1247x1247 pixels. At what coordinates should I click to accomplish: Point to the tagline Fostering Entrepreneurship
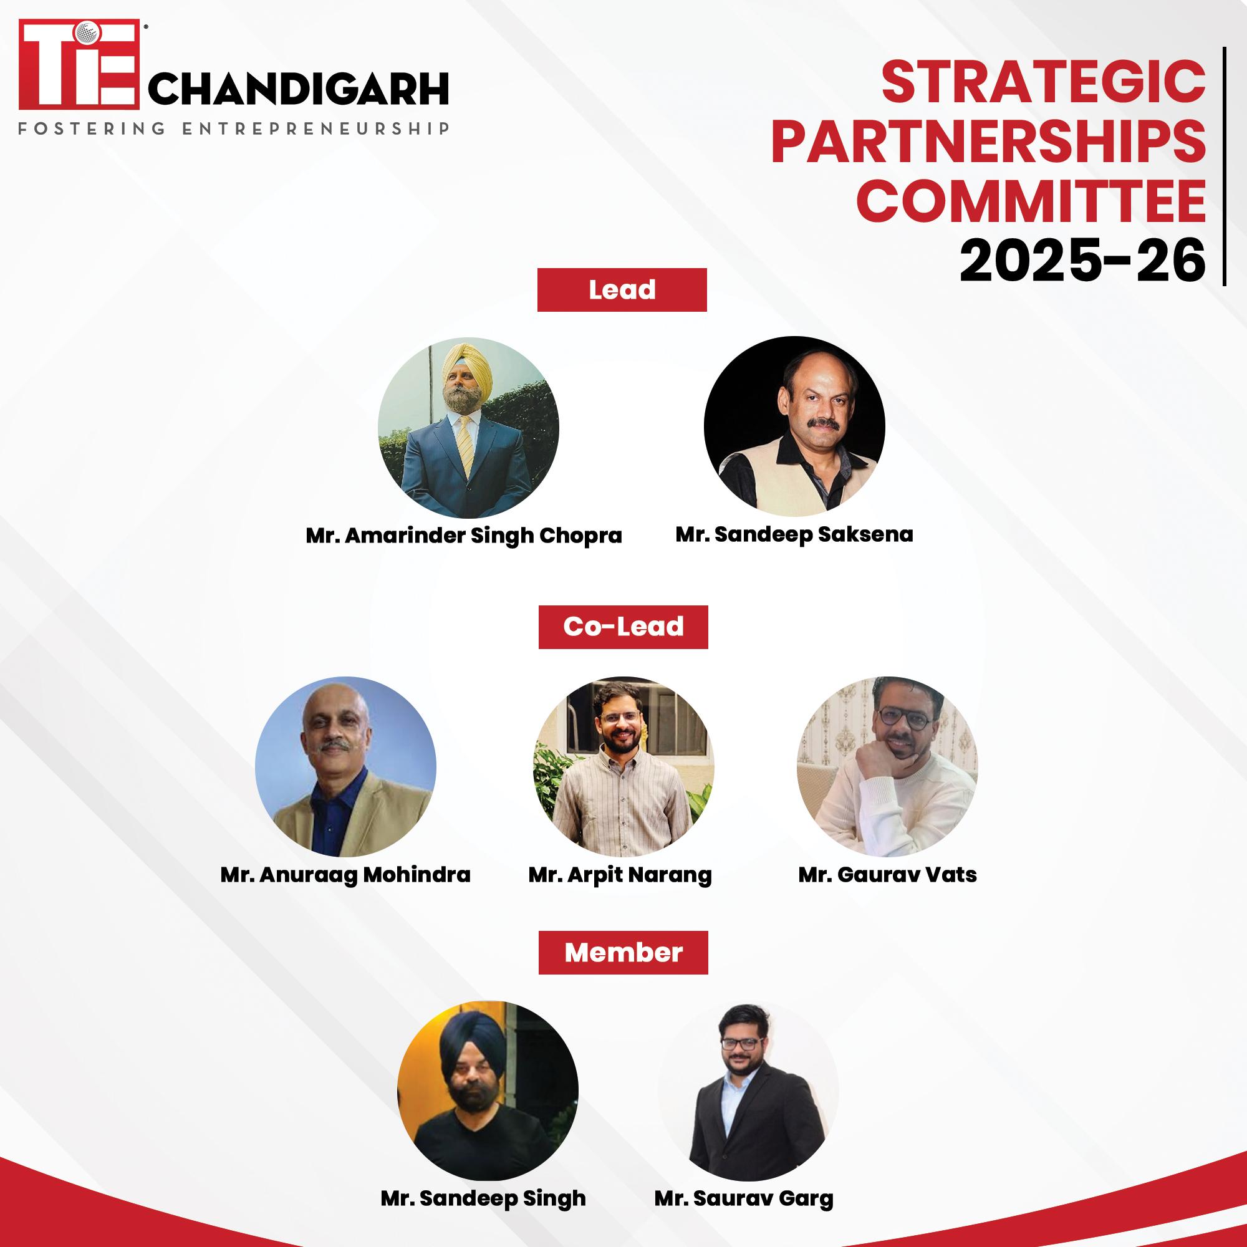tap(234, 128)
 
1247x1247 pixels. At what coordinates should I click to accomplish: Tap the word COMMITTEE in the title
tap(1032, 201)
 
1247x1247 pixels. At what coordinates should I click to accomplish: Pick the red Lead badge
tap(622, 290)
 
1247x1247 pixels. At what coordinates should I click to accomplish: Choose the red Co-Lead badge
tap(623, 627)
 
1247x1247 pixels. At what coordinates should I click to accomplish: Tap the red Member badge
tap(623, 952)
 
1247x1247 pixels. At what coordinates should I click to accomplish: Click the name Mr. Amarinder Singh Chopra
tap(463, 536)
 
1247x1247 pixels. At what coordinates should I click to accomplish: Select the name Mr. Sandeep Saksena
tap(794, 534)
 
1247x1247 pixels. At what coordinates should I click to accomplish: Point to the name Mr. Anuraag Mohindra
tap(345, 875)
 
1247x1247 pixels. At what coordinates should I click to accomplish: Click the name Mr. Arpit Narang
tap(620, 875)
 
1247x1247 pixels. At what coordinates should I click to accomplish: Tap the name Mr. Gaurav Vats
tap(887, 875)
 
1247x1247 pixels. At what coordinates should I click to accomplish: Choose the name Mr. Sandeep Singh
tap(483, 1198)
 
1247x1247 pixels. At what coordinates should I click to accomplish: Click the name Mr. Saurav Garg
tap(744, 1198)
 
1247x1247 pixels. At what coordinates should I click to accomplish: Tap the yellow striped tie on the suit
tap(465, 445)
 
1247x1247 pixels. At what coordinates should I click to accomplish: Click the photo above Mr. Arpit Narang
tap(623, 767)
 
